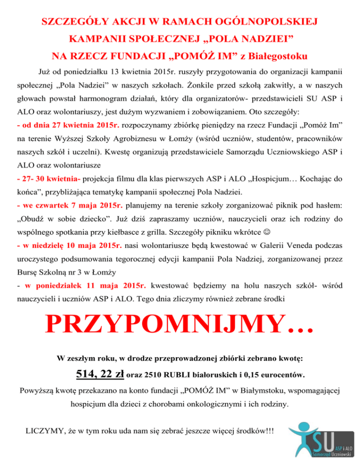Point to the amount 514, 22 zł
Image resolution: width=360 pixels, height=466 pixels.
[100, 374]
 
